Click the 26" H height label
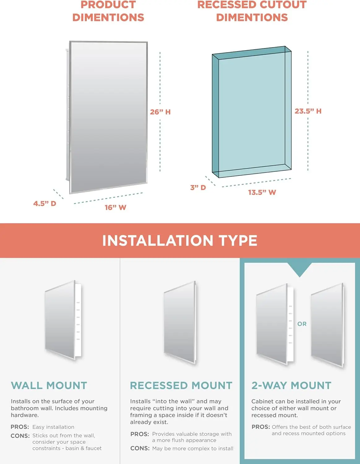[160, 112]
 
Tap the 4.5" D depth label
[45, 204]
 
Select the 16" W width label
[115, 208]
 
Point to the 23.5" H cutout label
[308, 111]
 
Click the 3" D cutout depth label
[198, 187]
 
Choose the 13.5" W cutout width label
[262, 192]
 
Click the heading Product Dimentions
[108, 11]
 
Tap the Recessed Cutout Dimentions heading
[252, 11]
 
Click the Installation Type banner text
[180, 241]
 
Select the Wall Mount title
[49, 385]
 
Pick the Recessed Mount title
[181, 385]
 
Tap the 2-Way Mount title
[291, 385]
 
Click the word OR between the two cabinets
[302, 324]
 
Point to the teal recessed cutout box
[252, 112]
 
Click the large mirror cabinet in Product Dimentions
[108, 117]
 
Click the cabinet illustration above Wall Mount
[63, 320]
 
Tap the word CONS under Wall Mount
[20, 436]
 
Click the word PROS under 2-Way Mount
[261, 427]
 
